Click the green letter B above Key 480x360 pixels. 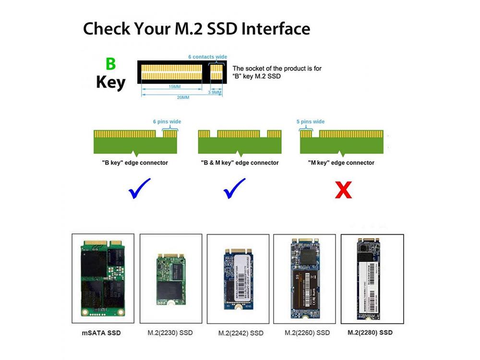(110, 65)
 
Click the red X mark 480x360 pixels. (343, 190)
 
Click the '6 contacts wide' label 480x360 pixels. (207, 57)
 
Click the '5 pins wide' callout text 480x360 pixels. (311, 122)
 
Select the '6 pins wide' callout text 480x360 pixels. (167, 122)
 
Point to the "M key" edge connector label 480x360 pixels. (341, 163)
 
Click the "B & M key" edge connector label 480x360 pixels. (240, 163)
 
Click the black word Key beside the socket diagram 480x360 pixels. (110, 82)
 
